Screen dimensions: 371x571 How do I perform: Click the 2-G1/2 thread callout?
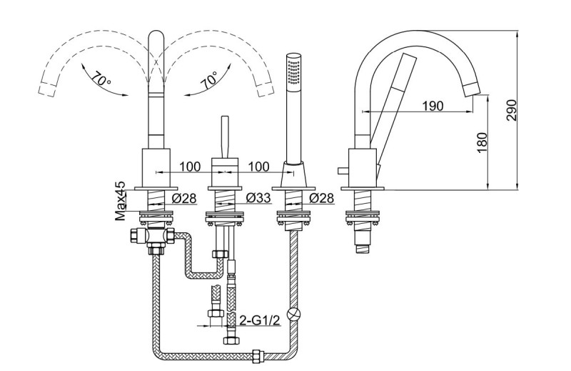[x=259, y=322]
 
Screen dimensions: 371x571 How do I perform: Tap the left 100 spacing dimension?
[x=188, y=167]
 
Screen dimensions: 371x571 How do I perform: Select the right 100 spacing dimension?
[x=258, y=167]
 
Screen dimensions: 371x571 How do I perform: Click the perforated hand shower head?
[x=292, y=71]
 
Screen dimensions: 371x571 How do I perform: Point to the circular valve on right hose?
[x=293, y=313]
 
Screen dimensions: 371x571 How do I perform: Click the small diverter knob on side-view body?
[x=341, y=169]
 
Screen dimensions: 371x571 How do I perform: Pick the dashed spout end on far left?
[x=48, y=88]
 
